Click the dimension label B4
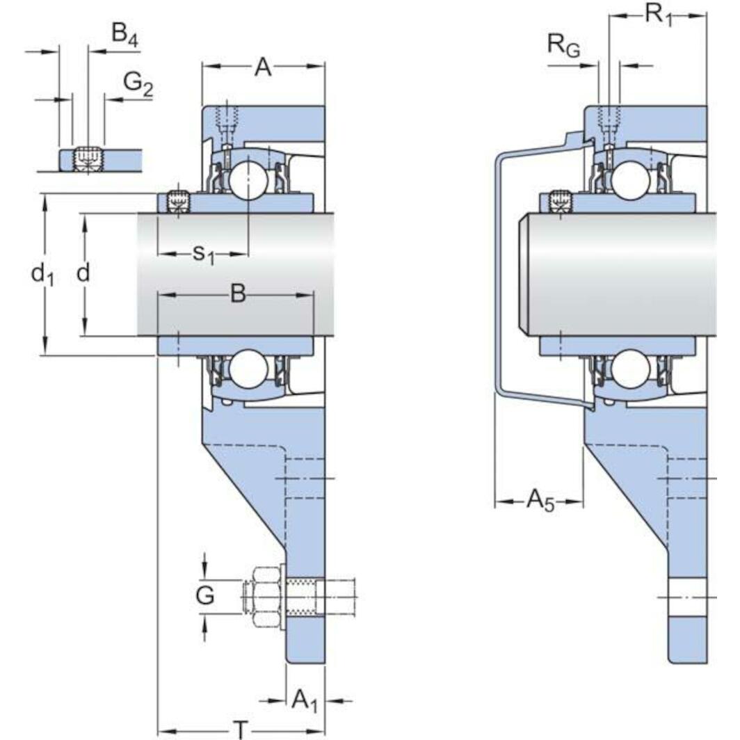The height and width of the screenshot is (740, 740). (x=124, y=35)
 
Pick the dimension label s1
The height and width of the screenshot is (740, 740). (x=203, y=255)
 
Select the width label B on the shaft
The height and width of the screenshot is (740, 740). (x=238, y=295)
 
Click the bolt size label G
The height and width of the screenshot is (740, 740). (x=204, y=596)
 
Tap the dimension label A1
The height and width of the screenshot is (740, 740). (x=304, y=700)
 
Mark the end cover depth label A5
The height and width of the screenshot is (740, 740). (x=540, y=500)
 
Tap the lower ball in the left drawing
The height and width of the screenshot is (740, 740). (x=248, y=370)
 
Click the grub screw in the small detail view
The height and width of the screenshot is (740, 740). (x=88, y=159)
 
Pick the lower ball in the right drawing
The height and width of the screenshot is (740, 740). (x=631, y=369)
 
